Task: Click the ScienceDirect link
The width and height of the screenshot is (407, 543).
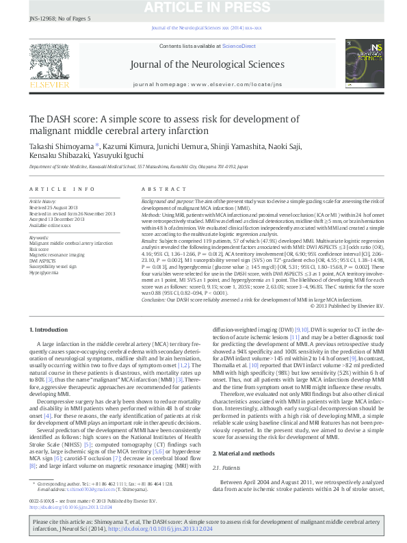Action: (x=239, y=46)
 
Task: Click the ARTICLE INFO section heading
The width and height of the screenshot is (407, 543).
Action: (x=62, y=188)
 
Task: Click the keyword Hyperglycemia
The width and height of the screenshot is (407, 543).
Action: (x=44, y=271)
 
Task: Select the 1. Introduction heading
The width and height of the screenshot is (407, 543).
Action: (x=49, y=330)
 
